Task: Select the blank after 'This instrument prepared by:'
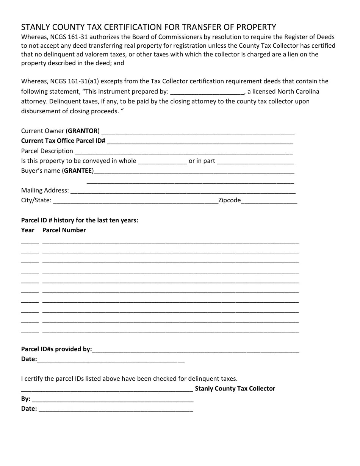(x=208, y=92)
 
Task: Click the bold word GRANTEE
(x=78, y=171)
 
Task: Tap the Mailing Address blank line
(x=183, y=191)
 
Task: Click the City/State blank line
(x=136, y=201)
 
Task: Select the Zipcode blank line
(x=269, y=201)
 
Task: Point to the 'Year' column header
(x=28, y=230)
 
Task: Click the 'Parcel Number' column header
(x=64, y=230)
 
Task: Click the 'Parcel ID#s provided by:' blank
(x=196, y=350)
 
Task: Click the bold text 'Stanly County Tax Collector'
(x=235, y=389)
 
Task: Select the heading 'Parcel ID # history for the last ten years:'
(x=80, y=220)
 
